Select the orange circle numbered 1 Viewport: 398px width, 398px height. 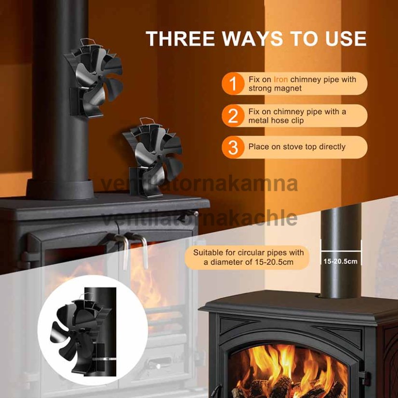click(x=233, y=83)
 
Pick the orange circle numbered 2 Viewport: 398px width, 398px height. click(x=233, y=116)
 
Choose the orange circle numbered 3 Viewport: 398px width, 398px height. click(x=233, y=147)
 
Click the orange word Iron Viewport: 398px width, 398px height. click(x=280, y=80)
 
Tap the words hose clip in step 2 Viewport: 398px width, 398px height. click(x=288, y=120)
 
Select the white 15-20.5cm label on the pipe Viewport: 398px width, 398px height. click(x=340, y=261)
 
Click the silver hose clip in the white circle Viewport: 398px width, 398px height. click(x=104, y=359)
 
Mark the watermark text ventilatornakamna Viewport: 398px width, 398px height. click(x=199, y=184)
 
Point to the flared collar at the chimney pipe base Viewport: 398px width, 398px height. click(x=60, y=189)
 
